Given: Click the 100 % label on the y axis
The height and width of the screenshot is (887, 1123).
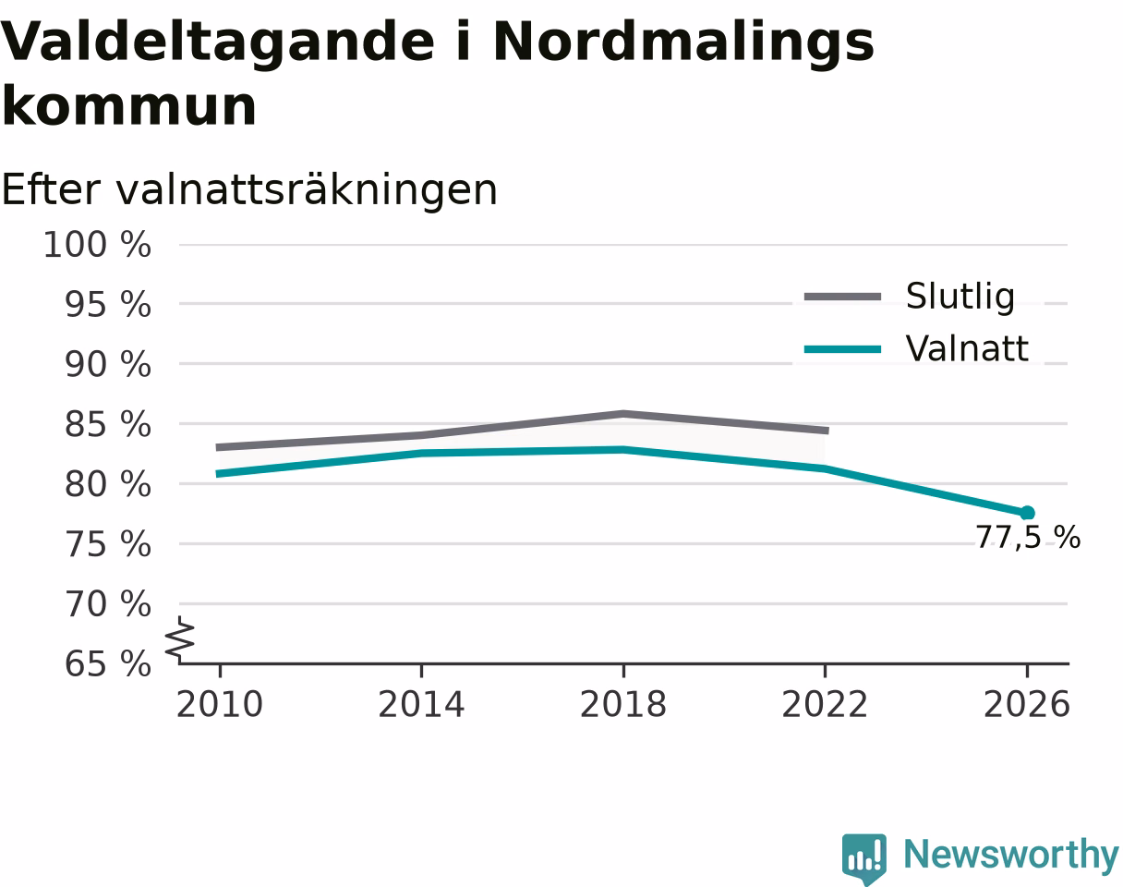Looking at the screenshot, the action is pyautogui.click(x=97, y=245).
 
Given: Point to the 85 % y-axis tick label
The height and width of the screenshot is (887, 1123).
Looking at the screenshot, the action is pyautogui.click(x=108, y=424).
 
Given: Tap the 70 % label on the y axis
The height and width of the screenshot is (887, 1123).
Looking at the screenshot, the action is pyautogui.click(x=108, y=604).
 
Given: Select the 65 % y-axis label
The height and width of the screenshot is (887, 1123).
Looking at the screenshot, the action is pyautogui.click(x=108, y=664).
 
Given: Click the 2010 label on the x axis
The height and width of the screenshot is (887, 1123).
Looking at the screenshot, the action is pyautogui.click(x=220, y=705).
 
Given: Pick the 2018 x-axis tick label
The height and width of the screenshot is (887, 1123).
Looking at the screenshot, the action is pyautogui.click(x=623, y=705).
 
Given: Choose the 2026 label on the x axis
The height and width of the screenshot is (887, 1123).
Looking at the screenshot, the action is pyautogui.click(x=1026, y=705).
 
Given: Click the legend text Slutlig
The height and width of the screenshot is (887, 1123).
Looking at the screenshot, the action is pyautogui.click(x=960, y=298).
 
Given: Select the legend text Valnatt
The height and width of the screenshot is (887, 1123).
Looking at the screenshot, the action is pyautogui.click(x=967, y=348).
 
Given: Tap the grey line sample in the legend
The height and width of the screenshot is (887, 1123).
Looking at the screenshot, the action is pyautogui.click(x=842, y=298).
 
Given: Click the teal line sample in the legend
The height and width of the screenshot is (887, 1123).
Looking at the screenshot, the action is pyautogui.click(x=842, y=349).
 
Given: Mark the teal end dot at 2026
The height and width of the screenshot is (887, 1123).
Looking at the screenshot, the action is pyautogui.click(x=1027, y=513).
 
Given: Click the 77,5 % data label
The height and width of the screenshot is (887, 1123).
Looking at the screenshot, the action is pyautogui.click(x=1028, y=537).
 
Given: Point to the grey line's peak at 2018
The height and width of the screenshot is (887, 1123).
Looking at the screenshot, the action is pyautogui.click(x=623, y=414).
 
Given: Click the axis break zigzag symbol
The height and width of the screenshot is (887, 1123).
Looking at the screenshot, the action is pyautogui.click(x=180, y=637).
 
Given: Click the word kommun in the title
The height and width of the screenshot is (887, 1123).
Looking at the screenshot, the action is pyautogui.click(x=129, y=106).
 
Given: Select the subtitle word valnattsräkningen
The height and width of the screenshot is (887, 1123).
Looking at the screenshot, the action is pyautogui.click(x=307, y=190).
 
